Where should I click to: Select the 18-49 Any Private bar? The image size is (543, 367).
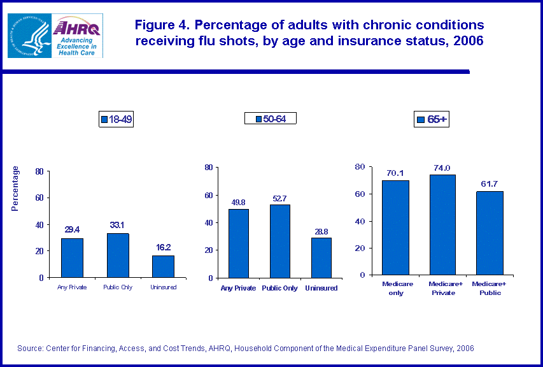click(72, 257)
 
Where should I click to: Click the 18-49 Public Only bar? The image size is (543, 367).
click(118, 255)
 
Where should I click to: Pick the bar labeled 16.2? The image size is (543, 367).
click(164, 266)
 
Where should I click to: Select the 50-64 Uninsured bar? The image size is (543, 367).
click(321, 257)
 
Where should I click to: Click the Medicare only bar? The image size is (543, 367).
click(395, 227)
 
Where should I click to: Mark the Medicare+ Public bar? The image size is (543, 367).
click(489, 233)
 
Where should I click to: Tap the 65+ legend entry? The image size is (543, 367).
click(432, 119)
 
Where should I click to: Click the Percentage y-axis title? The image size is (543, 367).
click(16, 188)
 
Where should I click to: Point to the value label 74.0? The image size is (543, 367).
click(441, 168)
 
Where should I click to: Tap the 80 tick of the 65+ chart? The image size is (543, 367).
click(360, 167)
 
